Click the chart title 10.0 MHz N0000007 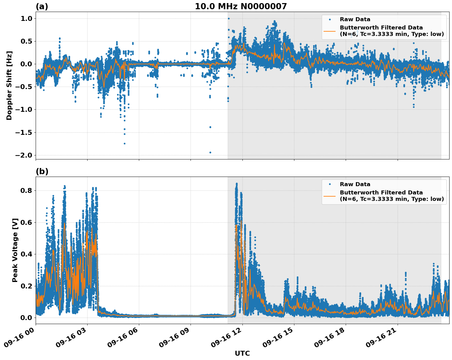click(x=241, y=6)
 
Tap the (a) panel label click(x=42, y=6)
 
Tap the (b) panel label click(x=42, y=171)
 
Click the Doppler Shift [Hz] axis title click(x=9, y=85)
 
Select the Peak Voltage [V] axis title click(x=15, y=250)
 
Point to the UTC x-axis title click(x=242, y=353)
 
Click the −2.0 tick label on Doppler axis click(x=23, y=155)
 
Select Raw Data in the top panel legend click(x=355, y=19)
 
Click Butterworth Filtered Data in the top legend click(x=381, y=28)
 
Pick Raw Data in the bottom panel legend click(x=355, y=184)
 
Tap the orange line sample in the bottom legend click(x=329, y=196)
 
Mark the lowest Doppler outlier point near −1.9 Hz click(x=210, y=152)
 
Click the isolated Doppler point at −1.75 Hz click(x=124, y=143)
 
